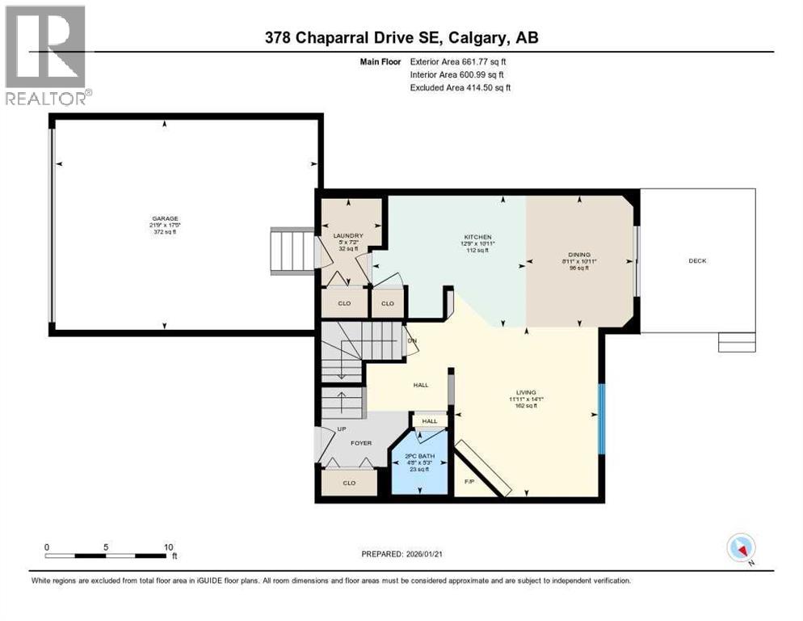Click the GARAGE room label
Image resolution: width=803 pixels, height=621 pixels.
click(x=165, y=218)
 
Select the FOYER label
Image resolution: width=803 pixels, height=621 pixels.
click(x=360, y=443)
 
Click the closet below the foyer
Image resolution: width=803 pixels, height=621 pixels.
click(x=349, y=483)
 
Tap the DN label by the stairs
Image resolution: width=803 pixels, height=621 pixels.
click(x=411, y=340)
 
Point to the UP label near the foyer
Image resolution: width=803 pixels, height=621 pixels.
click(x=330, y=429)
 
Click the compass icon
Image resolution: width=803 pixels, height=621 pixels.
click(x=741, y=548)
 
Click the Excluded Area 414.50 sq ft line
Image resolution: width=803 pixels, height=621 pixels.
click(x=460, y=87)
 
